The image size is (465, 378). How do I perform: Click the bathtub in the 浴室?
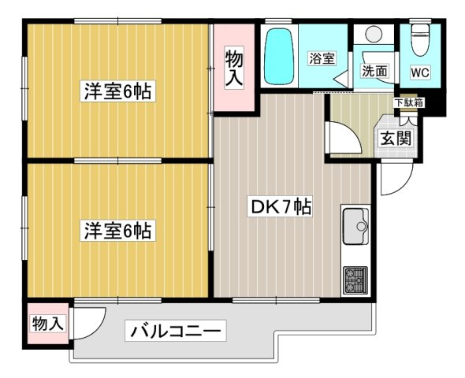pos(279,56)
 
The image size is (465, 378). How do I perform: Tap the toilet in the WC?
pos(421,40)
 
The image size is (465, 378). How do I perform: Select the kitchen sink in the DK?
pos(355,226)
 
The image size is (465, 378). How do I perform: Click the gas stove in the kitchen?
pos(355,280)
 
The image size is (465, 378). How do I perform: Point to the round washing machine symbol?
pos(374,34)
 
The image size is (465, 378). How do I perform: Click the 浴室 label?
pos(322,58)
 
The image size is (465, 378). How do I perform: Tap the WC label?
pos(420,72)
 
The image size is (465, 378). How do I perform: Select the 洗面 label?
pos(374,71)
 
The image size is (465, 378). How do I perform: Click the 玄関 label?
pos(396,139)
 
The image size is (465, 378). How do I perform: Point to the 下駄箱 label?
pos(408,103)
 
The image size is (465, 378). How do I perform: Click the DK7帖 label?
pos(281,207)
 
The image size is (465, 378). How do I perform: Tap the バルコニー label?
pos(176,330)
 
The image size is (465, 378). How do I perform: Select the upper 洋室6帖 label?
pos(117,91)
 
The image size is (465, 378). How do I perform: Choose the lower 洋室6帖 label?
pos(117,230)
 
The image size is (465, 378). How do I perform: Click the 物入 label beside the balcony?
pos(48,323)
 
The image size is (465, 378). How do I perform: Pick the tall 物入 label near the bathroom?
pos(234,69)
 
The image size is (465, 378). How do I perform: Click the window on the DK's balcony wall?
pos(276,300)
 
